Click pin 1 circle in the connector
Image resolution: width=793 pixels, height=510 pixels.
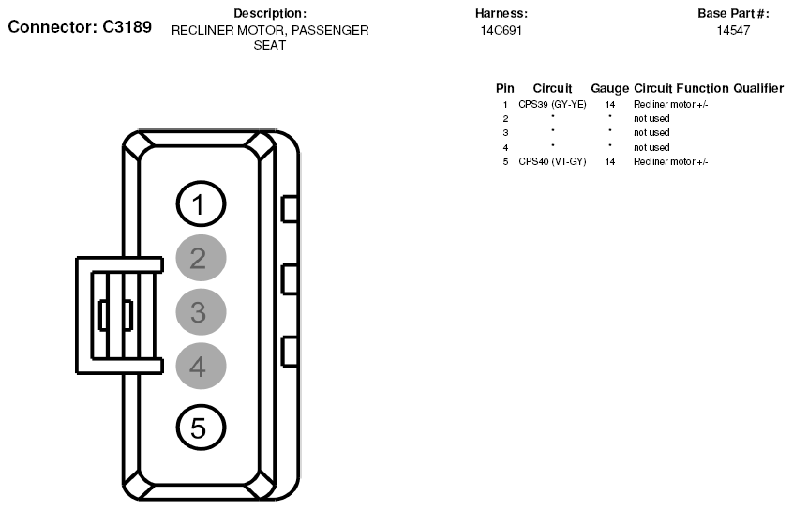click(201, 203)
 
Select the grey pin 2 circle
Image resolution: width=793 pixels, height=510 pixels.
click(201, 258)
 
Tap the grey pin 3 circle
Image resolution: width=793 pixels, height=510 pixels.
click(201, 311)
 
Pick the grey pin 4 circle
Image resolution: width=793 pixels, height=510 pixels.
click(201, 366)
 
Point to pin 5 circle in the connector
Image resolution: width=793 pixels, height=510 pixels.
click(201, 427)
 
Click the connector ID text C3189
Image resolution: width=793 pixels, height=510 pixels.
click(127, 27)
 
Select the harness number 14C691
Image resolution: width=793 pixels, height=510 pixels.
click(501, 30)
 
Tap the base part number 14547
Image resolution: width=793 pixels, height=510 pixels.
click(733, 30)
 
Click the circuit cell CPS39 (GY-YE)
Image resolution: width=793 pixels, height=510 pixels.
click(552, 105)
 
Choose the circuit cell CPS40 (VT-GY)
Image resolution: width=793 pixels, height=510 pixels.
click(552, 162)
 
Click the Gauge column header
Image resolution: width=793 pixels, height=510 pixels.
click(610, 88)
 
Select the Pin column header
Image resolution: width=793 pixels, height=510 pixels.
click(504, 88)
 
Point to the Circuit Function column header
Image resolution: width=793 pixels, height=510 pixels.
click(681, 88)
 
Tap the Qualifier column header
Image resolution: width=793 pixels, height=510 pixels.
click(758, 88)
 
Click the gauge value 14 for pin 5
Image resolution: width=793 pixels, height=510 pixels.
click(610, 162)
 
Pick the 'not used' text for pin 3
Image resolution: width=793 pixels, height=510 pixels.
click(651, 132)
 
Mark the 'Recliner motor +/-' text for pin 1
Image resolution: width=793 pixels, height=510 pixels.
click(670, 105)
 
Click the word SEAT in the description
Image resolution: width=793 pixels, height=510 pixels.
click(270, 46)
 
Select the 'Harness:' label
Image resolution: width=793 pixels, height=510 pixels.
click(501, 14)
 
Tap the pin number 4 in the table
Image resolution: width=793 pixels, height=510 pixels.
click(505, 148)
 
